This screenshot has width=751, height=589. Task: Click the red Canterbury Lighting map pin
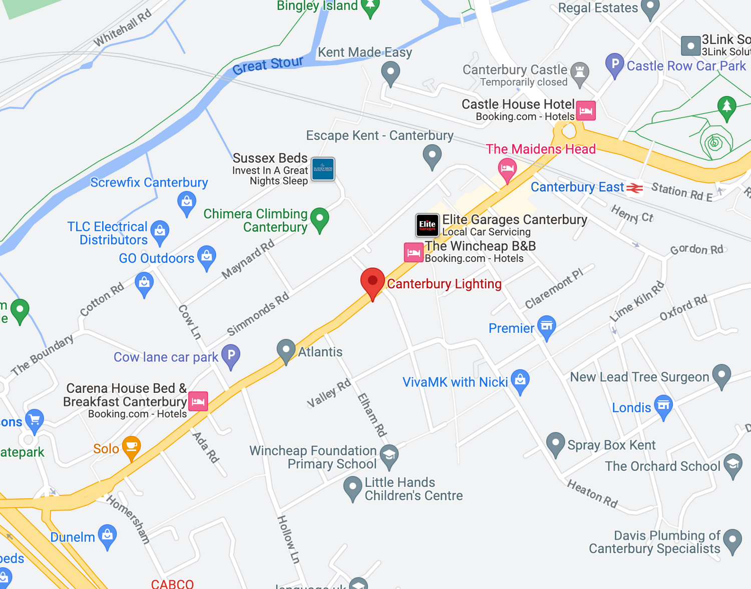coord(372,282)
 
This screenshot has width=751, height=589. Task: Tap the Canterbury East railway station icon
coord(635,188)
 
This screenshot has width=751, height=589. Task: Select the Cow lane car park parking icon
coord(231,356)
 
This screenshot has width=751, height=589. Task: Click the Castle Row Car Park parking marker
coord(614,65)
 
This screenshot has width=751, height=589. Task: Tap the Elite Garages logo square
coord(428,225)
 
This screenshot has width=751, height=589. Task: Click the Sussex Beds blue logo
coord(323,169)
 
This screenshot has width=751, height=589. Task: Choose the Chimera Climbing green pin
coord(319,219)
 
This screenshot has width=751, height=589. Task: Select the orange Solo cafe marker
coord(131,447)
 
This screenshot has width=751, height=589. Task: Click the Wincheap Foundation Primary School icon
coord(389,455)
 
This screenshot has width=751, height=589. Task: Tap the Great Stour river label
coord(268,65)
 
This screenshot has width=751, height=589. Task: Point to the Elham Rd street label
coord(372,415)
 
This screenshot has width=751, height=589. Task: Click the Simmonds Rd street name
coord(258,314)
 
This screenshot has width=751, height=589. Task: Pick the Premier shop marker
coord(546,326)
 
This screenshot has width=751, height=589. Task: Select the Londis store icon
coord(663,406)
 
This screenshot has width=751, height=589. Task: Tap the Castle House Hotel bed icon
coord(586,111)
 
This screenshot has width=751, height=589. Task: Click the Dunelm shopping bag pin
coord(108,535)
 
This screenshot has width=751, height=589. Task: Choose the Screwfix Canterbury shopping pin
coord(187,202)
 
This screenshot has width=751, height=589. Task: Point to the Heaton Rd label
coord(592,493)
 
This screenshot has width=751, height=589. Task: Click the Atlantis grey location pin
coord(286,350)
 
